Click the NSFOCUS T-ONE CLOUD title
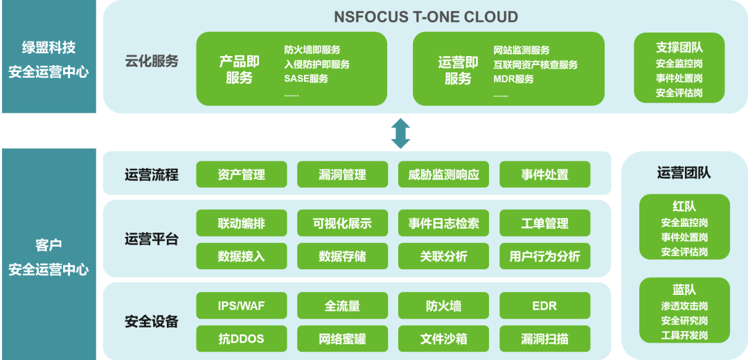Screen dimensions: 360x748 [426, 17]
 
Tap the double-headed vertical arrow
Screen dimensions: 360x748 [400, 133]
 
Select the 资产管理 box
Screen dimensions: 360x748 [241, 174]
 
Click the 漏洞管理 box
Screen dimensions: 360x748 [342, 174]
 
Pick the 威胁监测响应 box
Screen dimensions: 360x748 [443, 174]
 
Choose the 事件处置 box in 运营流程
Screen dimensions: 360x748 [544, 174]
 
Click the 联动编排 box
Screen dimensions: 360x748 [241, 223]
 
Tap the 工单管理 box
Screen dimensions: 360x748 [544, 223]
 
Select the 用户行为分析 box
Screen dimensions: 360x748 [544, 256]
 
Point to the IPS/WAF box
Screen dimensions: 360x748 [241, 305]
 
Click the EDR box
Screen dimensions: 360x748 [544, 305]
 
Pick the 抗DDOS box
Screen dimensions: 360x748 [241, 339]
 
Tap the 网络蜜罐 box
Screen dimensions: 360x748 [342, 339]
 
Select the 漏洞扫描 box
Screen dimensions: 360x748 [544, 339]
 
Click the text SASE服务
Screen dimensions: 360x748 [306, 78]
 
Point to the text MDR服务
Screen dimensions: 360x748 [513, 78]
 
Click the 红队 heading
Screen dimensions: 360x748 [684, 207]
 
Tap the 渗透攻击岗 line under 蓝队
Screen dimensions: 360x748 [684, 306]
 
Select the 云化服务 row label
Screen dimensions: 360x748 [152, 61]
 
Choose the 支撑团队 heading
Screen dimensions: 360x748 [679, 47]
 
